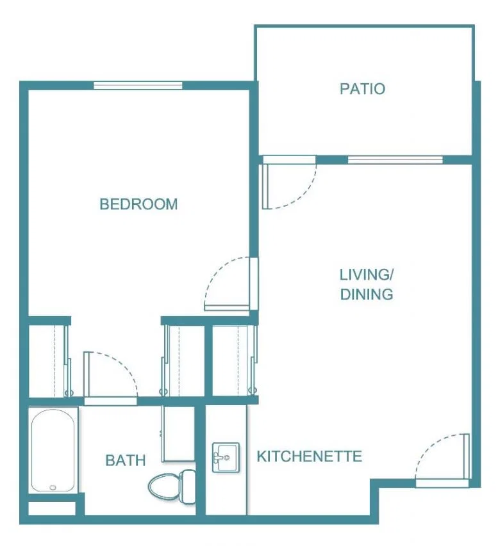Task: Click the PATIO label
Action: point(362,89)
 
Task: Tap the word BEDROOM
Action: point(139,204)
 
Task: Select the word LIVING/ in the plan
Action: point(367,275)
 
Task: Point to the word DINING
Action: point(367,294)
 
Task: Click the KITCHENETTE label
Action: point(310,456)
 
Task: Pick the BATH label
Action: point(126,460)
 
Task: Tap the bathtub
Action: point(53,451)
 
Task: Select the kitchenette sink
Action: point(226,458)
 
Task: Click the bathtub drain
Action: point(53,488)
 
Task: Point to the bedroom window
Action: point(138,86)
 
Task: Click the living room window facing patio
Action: point(395,160)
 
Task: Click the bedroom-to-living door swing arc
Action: point(215,271)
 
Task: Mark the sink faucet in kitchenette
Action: point(219,458)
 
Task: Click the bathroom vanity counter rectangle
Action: point(178,434)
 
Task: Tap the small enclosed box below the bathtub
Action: point(52,508)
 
